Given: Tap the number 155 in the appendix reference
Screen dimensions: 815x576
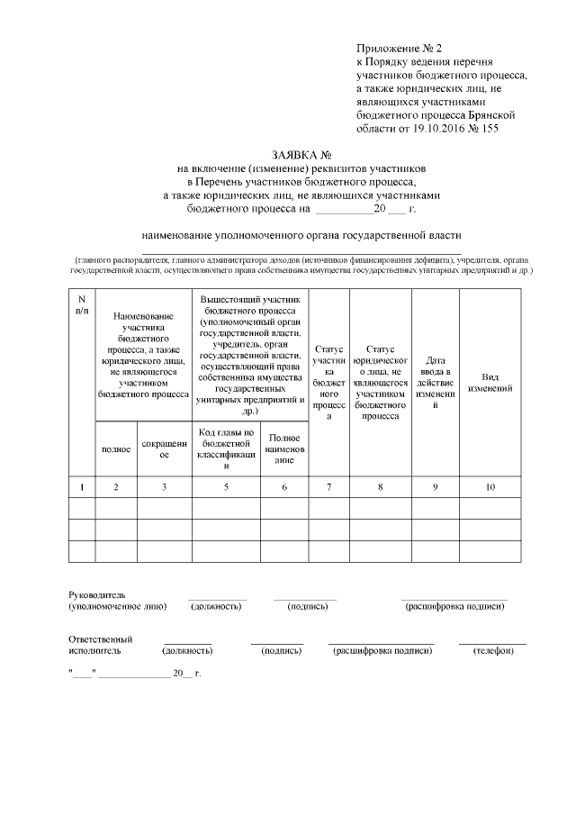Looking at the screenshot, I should click(x=487, y=129).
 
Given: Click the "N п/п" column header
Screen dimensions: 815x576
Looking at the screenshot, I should click(x=82, y=304).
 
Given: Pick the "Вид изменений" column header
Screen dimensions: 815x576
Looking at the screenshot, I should click(x=490, y=383).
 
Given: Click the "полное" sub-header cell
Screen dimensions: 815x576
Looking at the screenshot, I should click(x=116, y=447).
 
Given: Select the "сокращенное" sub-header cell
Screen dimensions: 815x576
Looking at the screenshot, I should click(x=164, y=447).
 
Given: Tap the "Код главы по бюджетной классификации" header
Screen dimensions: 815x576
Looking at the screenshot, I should click(x=226, y=447).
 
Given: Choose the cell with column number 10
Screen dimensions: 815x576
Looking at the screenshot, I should click(x=490, y=487).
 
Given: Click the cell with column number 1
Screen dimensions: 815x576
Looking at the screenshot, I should click(x=82, y=487).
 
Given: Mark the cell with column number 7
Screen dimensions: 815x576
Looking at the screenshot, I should click(x=329, y=487).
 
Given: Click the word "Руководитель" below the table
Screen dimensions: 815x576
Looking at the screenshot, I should click(x=97, y=595).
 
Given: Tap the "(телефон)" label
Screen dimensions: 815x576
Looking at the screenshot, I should click(x=492, y=650).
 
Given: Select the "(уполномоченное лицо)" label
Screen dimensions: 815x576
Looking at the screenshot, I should click(x=117, y=607).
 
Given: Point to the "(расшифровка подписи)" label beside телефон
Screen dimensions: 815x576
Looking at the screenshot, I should click(x=382, y=650).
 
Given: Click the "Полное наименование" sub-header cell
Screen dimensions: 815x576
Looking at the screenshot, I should click(x=284, y=447).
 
